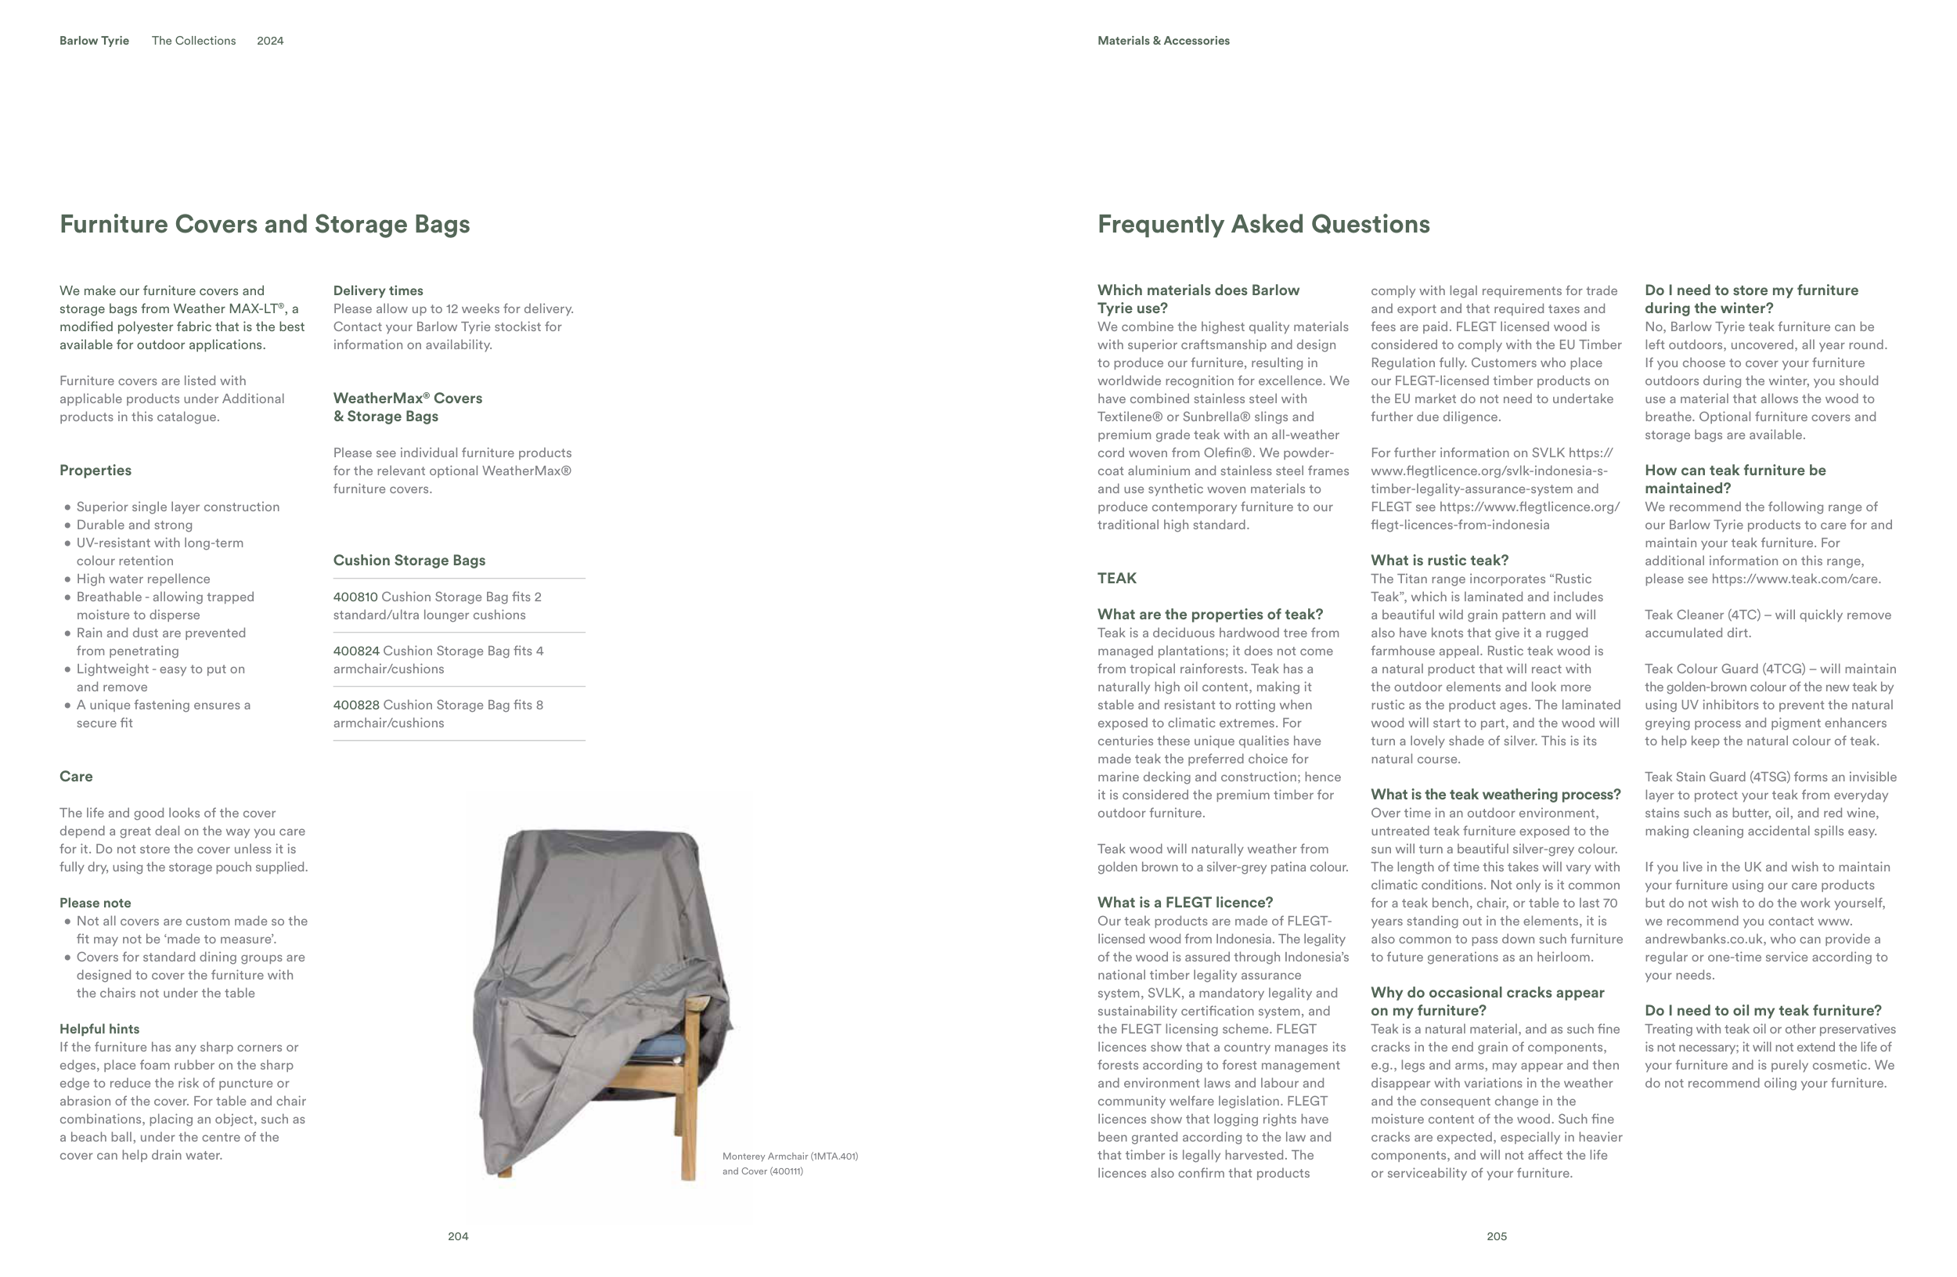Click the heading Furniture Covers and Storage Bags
pyautogui.click(x=264, y=225)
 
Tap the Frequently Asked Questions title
pyautogui.click(x=1263, y=225)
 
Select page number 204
pyautogui.click(x=458, y=1236)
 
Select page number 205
pyautogui.click(x=1497, y=1236)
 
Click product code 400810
pyautogui.click(x=355, y=597)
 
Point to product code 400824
pyautogui.click(x=356, y=651)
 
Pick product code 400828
pyautogui.click(x=356, y=705)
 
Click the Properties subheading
pyautogui.click(x=96, y=471)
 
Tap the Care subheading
pyautogui.click(x=76, y=776)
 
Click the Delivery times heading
pyautogui.click(x=378, y=291)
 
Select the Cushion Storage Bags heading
pyautogui.click(x=409, y=561)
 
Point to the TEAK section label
pyautogui.click(x=1116, y=578)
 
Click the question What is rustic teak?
pyautogui.click(x=1439, y=561)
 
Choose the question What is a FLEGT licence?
pyautogui.click(x=1185, y=903)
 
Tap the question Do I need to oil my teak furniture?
pyautogui.click(x=1762, y=1011)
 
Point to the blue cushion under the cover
pyautogui.click(x=663, y=1046)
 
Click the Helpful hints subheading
pyautogui.click(x=99, y=1029)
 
